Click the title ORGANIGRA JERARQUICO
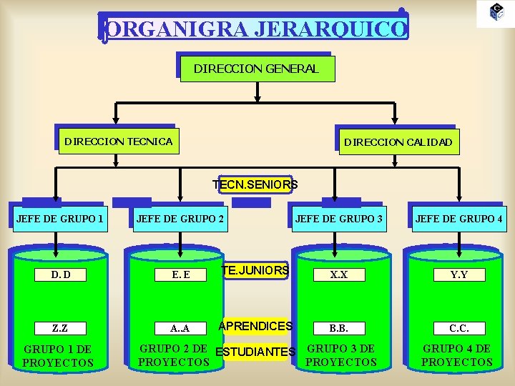tap(256, 29)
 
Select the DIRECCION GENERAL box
tap(256, 69)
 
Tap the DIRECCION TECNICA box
tap(118, 141)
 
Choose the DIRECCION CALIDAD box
tap(398, 142)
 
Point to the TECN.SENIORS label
tap(255, 184)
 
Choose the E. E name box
tap(180, 274)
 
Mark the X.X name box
tap(338, 274)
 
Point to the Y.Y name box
tap(458, 274)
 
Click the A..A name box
tap(180, 328)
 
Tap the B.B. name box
tap(338, 328)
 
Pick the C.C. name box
tap(458, 328)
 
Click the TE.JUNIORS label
tap(255, 270)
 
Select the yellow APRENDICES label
tap(255, 326)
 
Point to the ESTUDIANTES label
tap(255, 352)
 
